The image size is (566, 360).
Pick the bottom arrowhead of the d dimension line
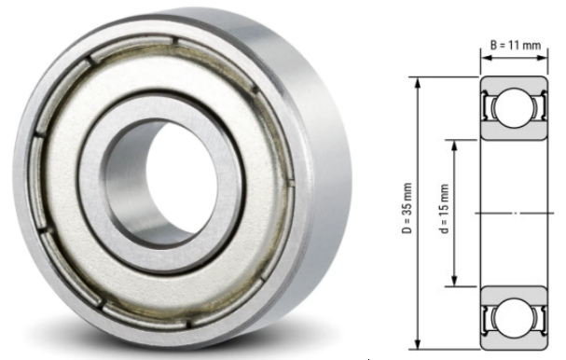tap(455, 282)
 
